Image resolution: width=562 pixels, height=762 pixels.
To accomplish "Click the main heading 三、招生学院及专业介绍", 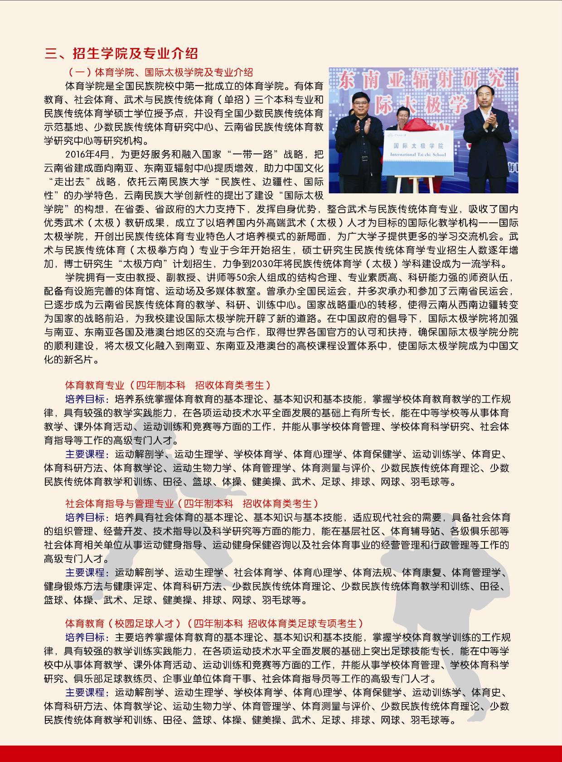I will (x=121, y=53).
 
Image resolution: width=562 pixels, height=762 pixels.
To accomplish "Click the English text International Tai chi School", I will (x=417, y=155).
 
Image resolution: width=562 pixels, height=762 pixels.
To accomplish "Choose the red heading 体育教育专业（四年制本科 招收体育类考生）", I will (x=168, y=385).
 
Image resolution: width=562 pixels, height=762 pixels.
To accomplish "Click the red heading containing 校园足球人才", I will (x=214, y=623).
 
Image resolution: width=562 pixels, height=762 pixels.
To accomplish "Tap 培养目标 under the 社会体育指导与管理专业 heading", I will (x=87, y=518).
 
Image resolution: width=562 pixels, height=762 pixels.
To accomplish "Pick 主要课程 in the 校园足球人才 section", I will (x=87, y=693).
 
